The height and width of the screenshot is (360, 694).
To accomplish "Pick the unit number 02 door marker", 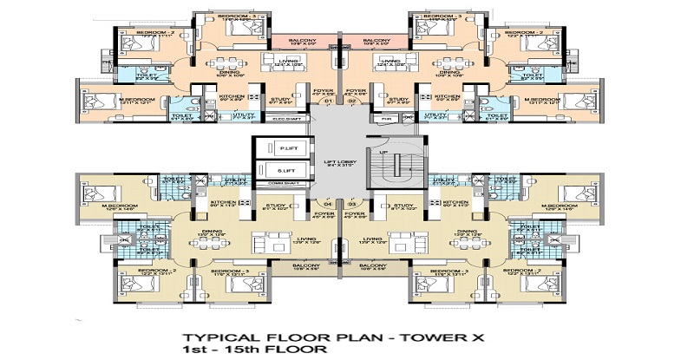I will (x=353, y=102).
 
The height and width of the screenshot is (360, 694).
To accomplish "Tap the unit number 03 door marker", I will (x=353, y=227).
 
